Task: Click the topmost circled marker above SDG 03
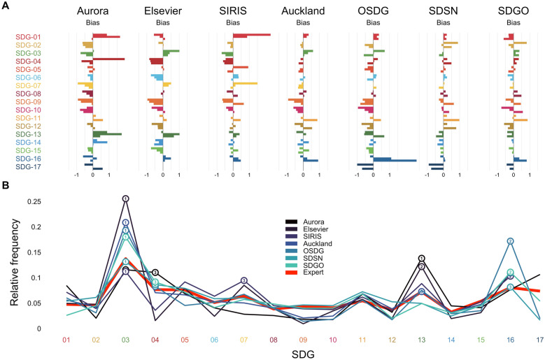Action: tap(125, 199)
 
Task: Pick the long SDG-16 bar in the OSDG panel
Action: tap(395, 159)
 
